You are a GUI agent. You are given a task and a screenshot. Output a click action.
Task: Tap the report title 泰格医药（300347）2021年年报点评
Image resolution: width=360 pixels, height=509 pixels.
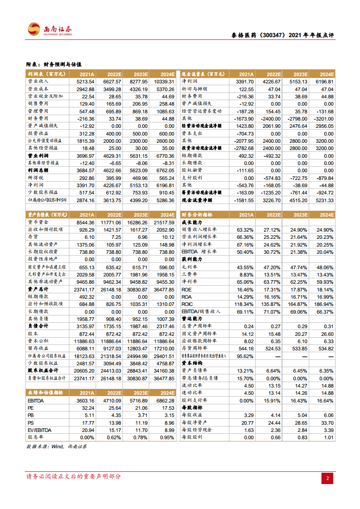coord(280,35)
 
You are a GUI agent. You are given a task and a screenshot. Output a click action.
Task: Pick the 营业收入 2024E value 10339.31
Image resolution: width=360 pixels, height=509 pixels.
coord(162,82)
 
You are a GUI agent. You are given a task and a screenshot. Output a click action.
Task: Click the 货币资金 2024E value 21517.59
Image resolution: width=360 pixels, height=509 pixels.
coord(162,223)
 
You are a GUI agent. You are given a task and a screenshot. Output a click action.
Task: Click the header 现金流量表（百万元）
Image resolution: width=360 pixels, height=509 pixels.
coord(202,74)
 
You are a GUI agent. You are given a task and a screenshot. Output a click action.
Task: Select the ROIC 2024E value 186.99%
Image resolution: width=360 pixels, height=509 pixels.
coord(323,304)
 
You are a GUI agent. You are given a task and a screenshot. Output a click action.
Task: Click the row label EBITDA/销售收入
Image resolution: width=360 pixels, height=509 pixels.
coord(201,311)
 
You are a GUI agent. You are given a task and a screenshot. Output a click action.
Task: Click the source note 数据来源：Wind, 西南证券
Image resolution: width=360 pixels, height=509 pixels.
coord(57,446)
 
